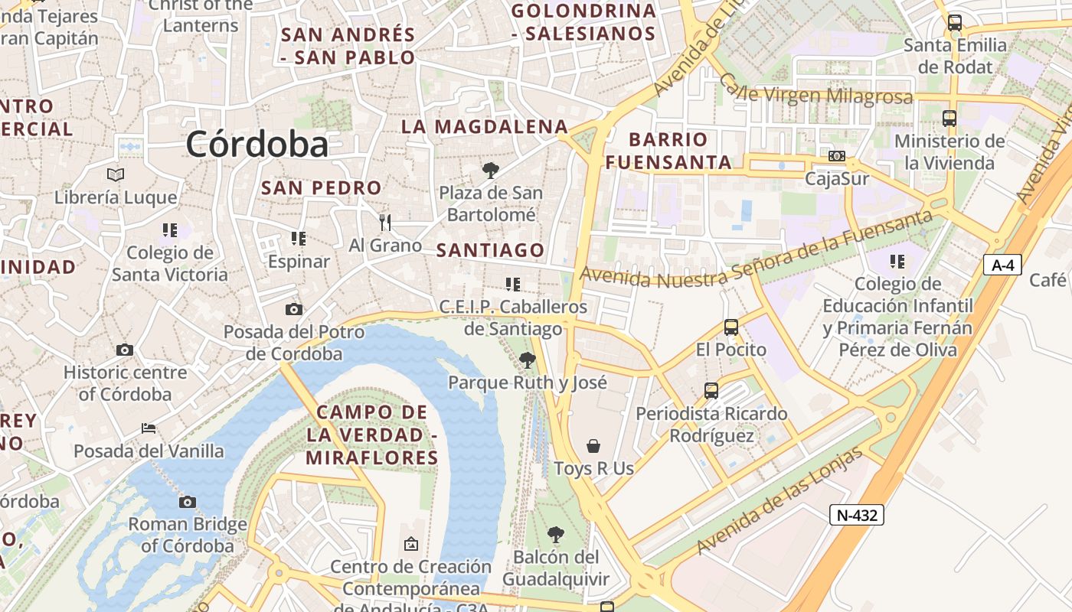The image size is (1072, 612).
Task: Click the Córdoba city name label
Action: pyautogui.click(x=257, y=144)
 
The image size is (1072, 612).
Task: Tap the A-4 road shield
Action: pyautogui.click(x=1002, y=265)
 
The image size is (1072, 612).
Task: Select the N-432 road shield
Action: pyautogui.click(x=856, y=515)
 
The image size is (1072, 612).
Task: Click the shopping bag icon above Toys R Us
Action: pyautogui.click(x=593, y=446)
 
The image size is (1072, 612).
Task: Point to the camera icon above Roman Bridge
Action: pyautogui.click(x=187, y=503)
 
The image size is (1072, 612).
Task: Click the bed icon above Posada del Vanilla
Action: pyautogui.click(x=149, y=428)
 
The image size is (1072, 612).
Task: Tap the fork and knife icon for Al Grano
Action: pyautogui.click(x=385, y=223)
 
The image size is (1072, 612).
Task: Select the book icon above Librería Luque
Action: pyautogui.click(x=116, y=175)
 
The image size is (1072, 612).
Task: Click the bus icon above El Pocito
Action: pyautogui.click(x=730, y=327)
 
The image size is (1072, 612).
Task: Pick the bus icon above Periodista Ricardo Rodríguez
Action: pyautogui.click(x=711, y=391)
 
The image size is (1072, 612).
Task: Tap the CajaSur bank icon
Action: pyautogui.click(x=837, y=156)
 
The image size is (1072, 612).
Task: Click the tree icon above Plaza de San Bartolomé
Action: pyautogui.click(x=490, y=171)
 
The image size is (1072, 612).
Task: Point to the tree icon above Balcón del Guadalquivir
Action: pyautogui.click(x=556, y=535)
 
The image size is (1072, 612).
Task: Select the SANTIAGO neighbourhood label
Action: pyautogui.click(x=490, y=250)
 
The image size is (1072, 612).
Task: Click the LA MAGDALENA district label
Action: pyautogui.click(x=485, y=127)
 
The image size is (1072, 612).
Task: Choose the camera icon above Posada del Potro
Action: pyautogui.click(x=293, y=310)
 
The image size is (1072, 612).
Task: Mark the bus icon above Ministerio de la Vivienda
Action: pyautogui.click(x=949, y=119)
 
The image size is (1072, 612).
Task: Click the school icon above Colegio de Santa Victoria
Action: pyautogui.click(x=169, y=230)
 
